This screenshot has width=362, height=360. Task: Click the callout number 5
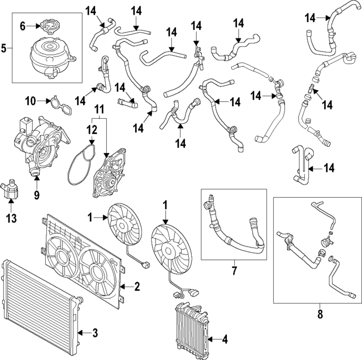[x=4, y=47]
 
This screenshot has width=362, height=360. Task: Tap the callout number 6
[x=23, y=25]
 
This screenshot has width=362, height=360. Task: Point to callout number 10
[x=31, y=101]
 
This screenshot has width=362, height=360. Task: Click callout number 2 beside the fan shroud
[x=136, y=287]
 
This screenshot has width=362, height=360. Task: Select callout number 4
[x=225, y=340]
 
